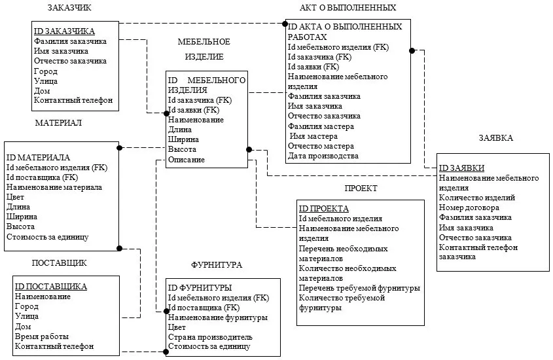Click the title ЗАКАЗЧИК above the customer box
[x=69, y=7]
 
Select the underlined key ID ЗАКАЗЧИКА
[x=64, y=31]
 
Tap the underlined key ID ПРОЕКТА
[x=324, y=209]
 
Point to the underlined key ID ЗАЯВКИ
[x=461, y=168]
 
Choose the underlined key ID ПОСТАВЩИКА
[x=51, y=286]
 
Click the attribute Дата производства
[x=323, y=156]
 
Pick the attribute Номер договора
[x=469, y=207]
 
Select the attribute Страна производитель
[x=210, y=337]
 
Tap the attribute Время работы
[x=42, y=336]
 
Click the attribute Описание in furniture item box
[x=187, y=160]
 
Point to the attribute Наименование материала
[x=54, y=187]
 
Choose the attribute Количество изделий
[x=477, y=198]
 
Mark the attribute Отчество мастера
[x=321, y=146]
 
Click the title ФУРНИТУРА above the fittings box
[x=217, y=265]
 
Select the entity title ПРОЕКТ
[x=361, y=189]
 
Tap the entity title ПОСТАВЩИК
[x=60, y=262]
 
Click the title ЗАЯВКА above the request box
[x=495, y=138]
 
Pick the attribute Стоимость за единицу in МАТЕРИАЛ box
[x=48, y=237]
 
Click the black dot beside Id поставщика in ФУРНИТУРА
[x=166, y=311]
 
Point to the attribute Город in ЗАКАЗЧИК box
[x=46, y=71]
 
